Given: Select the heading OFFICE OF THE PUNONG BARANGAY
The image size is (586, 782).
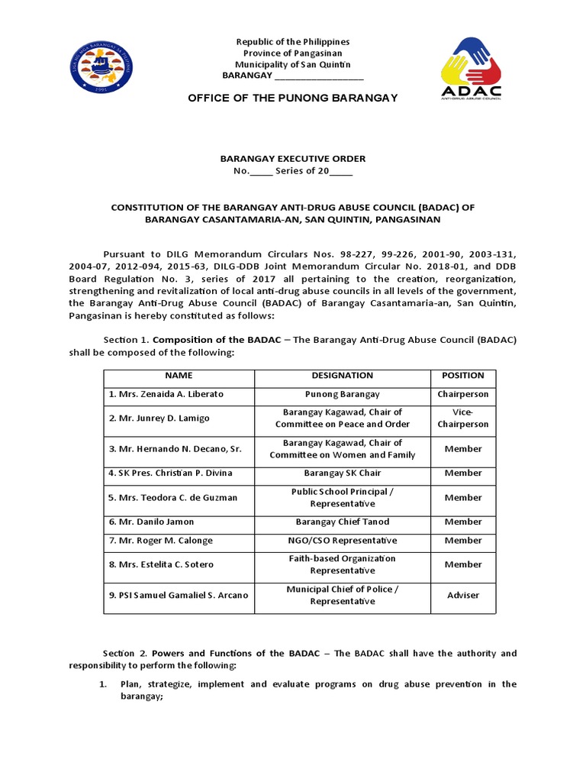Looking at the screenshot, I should [x=292, y=99].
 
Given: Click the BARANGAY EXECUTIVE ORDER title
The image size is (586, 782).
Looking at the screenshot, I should [x=293, y=159].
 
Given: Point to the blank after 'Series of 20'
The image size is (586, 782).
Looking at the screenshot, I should [x=341, y=171].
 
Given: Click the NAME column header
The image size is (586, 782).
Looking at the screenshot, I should [x=179, y=376].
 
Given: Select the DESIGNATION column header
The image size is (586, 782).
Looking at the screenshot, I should [x=343, y=376].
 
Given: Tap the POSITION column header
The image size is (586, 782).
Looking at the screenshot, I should [x=463, y=376].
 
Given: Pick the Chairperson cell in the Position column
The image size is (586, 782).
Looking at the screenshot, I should [x=463, y=395].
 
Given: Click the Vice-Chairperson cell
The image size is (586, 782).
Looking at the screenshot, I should [x=463, y=418].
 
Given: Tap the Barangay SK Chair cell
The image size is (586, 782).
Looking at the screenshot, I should [x=343, y=473].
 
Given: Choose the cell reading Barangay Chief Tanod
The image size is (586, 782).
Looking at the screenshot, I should [x=343, y=522].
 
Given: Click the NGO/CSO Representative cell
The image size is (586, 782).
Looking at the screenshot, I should [x=343, y=541].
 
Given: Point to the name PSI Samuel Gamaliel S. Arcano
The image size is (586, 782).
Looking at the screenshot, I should [x=179, y=596].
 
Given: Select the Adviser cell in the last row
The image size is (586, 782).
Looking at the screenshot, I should [x=463, y=596].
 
